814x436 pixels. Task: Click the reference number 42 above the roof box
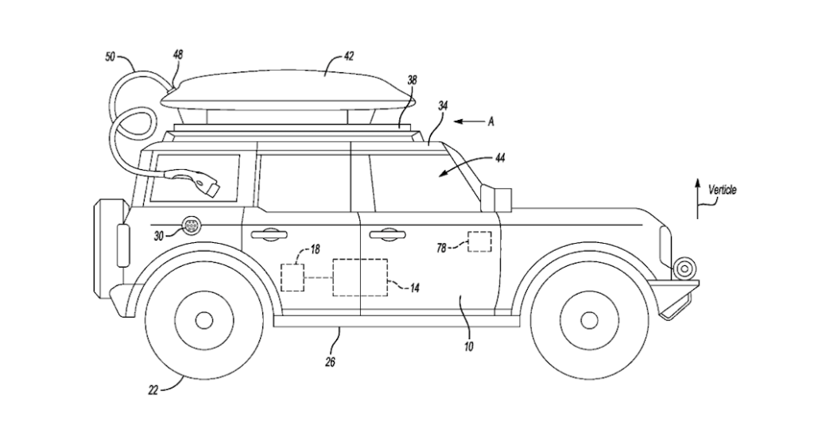348,56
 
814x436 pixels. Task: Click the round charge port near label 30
191,226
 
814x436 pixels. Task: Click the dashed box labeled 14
359,277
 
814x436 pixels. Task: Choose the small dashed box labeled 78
479,241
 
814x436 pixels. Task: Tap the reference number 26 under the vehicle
330,362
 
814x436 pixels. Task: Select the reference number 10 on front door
468,346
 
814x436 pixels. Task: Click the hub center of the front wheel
588,320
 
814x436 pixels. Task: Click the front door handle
384,233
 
